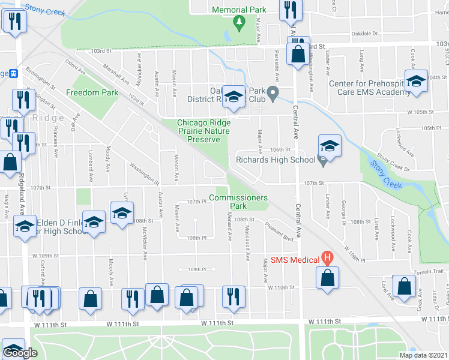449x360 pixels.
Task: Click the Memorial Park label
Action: tap(239, 10)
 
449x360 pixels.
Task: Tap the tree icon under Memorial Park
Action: tap(240, 23)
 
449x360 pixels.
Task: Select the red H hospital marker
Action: tap(327, 259)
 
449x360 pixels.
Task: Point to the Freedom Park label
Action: tap(92, 93)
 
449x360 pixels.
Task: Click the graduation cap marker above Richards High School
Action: tap(329, 145)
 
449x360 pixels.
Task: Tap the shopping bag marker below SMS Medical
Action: tap(327, 278)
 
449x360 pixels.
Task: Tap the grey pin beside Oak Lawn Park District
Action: tap(273, 93)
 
